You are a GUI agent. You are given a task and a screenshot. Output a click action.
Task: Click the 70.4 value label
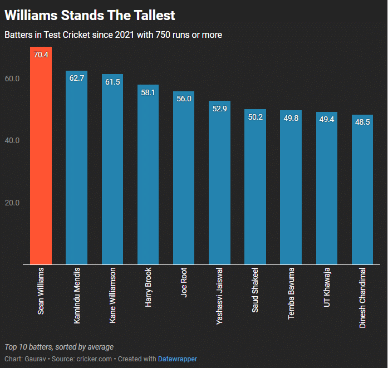(41, 55)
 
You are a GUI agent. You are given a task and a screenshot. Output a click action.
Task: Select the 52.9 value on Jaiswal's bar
(219, 109)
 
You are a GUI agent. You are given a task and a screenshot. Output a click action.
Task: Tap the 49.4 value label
(326, 120)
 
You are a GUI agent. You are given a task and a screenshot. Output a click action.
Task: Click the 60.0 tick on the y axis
(12, 78)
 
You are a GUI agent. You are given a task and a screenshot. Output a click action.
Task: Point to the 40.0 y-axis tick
(12, 140)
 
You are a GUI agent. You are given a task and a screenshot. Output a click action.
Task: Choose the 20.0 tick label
(12, 203)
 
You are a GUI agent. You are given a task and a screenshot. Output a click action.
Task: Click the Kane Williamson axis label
(112, 296)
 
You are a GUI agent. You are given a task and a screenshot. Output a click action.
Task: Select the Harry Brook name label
(148, 288)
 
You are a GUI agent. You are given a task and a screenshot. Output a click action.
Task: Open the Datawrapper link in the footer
(177, 359)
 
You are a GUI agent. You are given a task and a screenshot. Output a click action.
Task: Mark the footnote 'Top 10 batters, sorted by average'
(59, 346)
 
